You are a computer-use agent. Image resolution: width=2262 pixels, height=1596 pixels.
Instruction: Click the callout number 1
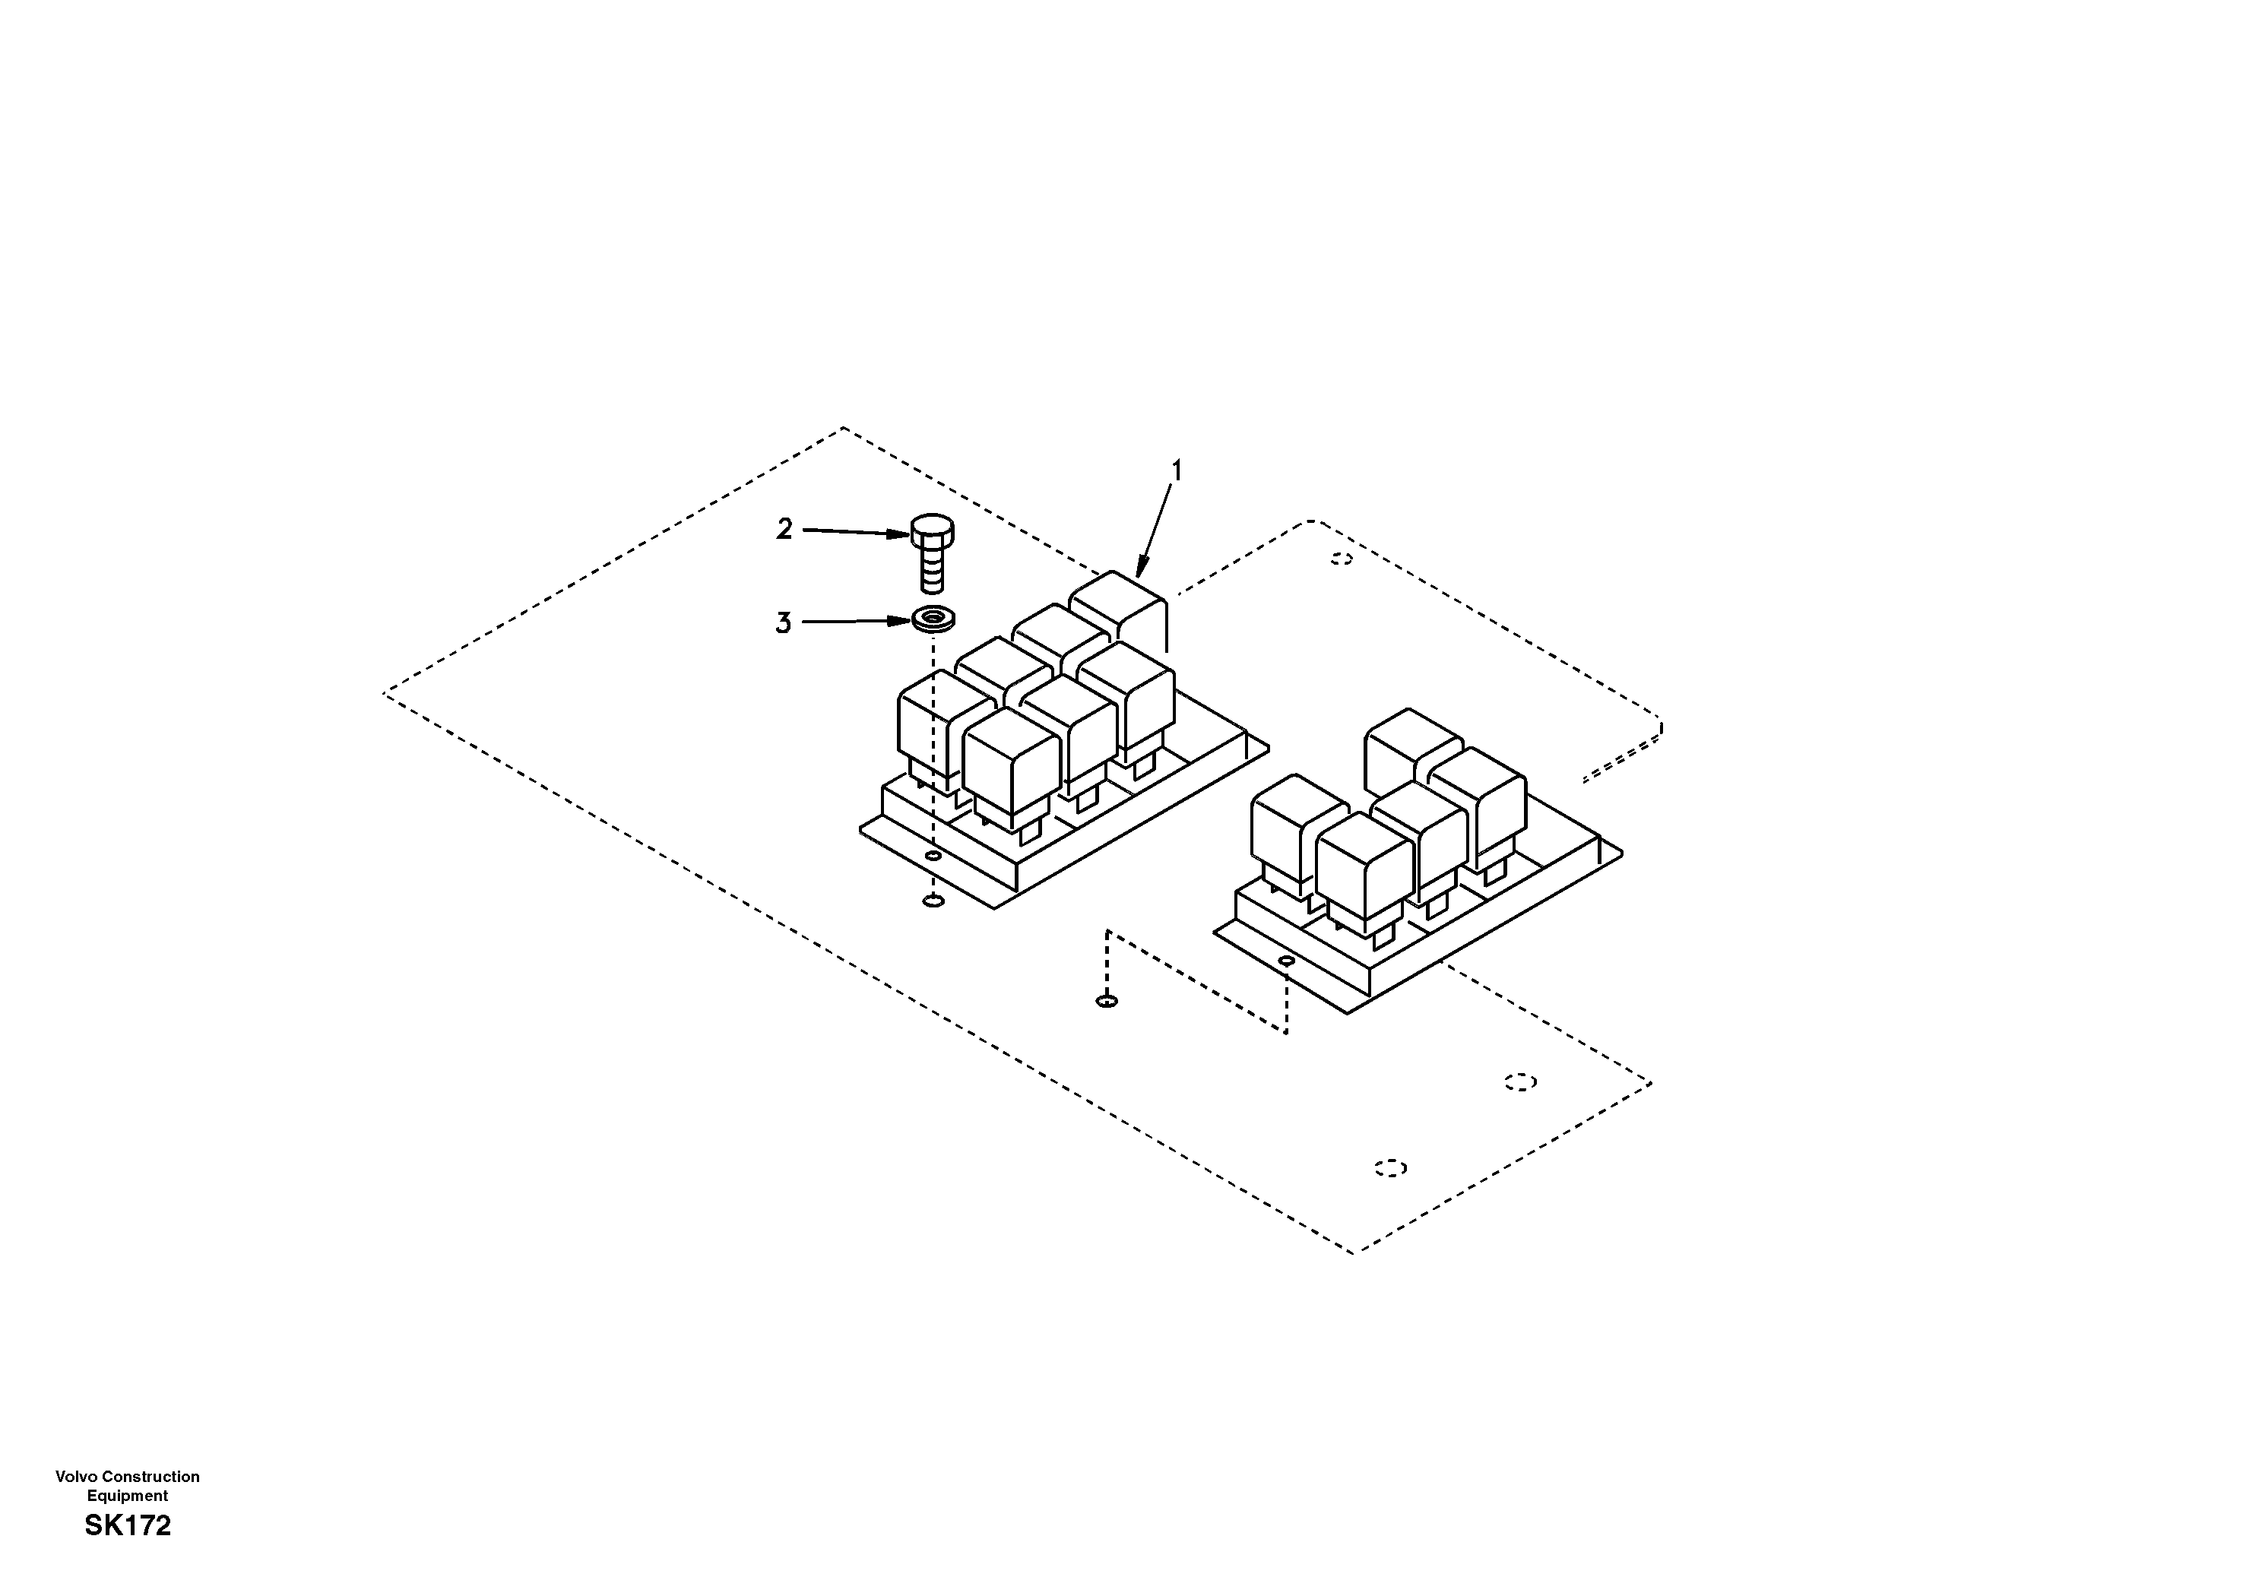pyautogui.click(x=1174, y=471)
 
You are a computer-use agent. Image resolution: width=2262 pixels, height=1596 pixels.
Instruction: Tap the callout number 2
pyautogui.click(x=784, y=530)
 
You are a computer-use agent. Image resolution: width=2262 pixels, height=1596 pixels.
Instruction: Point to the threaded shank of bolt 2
pyautogui.click(x=931, y=571)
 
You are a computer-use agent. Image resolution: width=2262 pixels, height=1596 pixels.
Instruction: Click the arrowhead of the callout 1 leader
pyautogui.click(x=1141, y=568)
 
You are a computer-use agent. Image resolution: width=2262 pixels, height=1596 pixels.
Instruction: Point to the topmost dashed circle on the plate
pyautogui.click(x=1341, y=559)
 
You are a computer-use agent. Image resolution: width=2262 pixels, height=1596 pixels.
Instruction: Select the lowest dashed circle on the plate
pyautogui.click(x=1390, y=1167)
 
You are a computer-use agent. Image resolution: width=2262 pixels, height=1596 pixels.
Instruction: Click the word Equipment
pyautogui.click(x=128, y=1496)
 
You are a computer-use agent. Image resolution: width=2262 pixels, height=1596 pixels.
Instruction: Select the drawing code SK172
pyautogui.click(x=128, y=1526)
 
